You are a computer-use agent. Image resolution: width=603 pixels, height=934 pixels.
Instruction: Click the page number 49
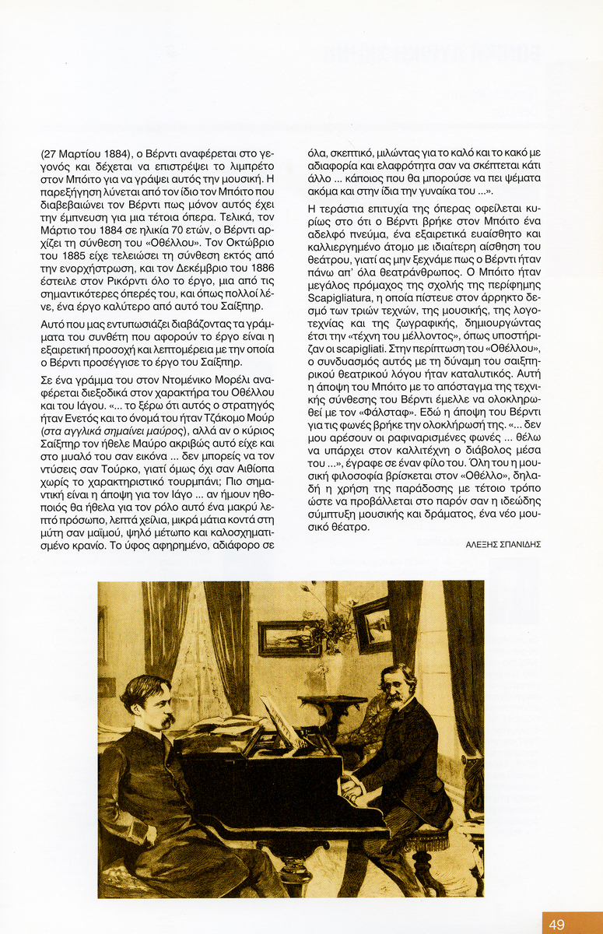point(556,925)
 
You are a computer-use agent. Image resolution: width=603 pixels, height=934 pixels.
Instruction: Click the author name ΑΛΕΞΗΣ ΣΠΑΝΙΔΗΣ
point(503,544)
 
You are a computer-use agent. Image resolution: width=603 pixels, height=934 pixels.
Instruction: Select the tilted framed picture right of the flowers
point(372,624)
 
